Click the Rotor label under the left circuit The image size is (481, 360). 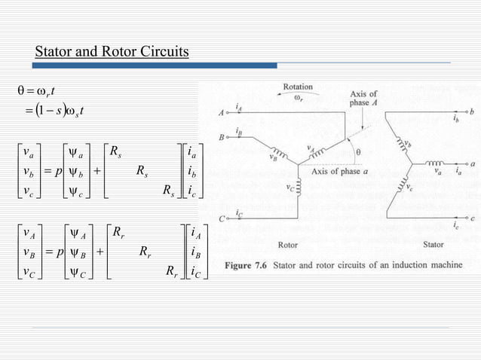pos(288,245)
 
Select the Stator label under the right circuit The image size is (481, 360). pos(433,245)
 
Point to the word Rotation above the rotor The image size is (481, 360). pos(297,87)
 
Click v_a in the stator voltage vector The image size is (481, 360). pos(28,151)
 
